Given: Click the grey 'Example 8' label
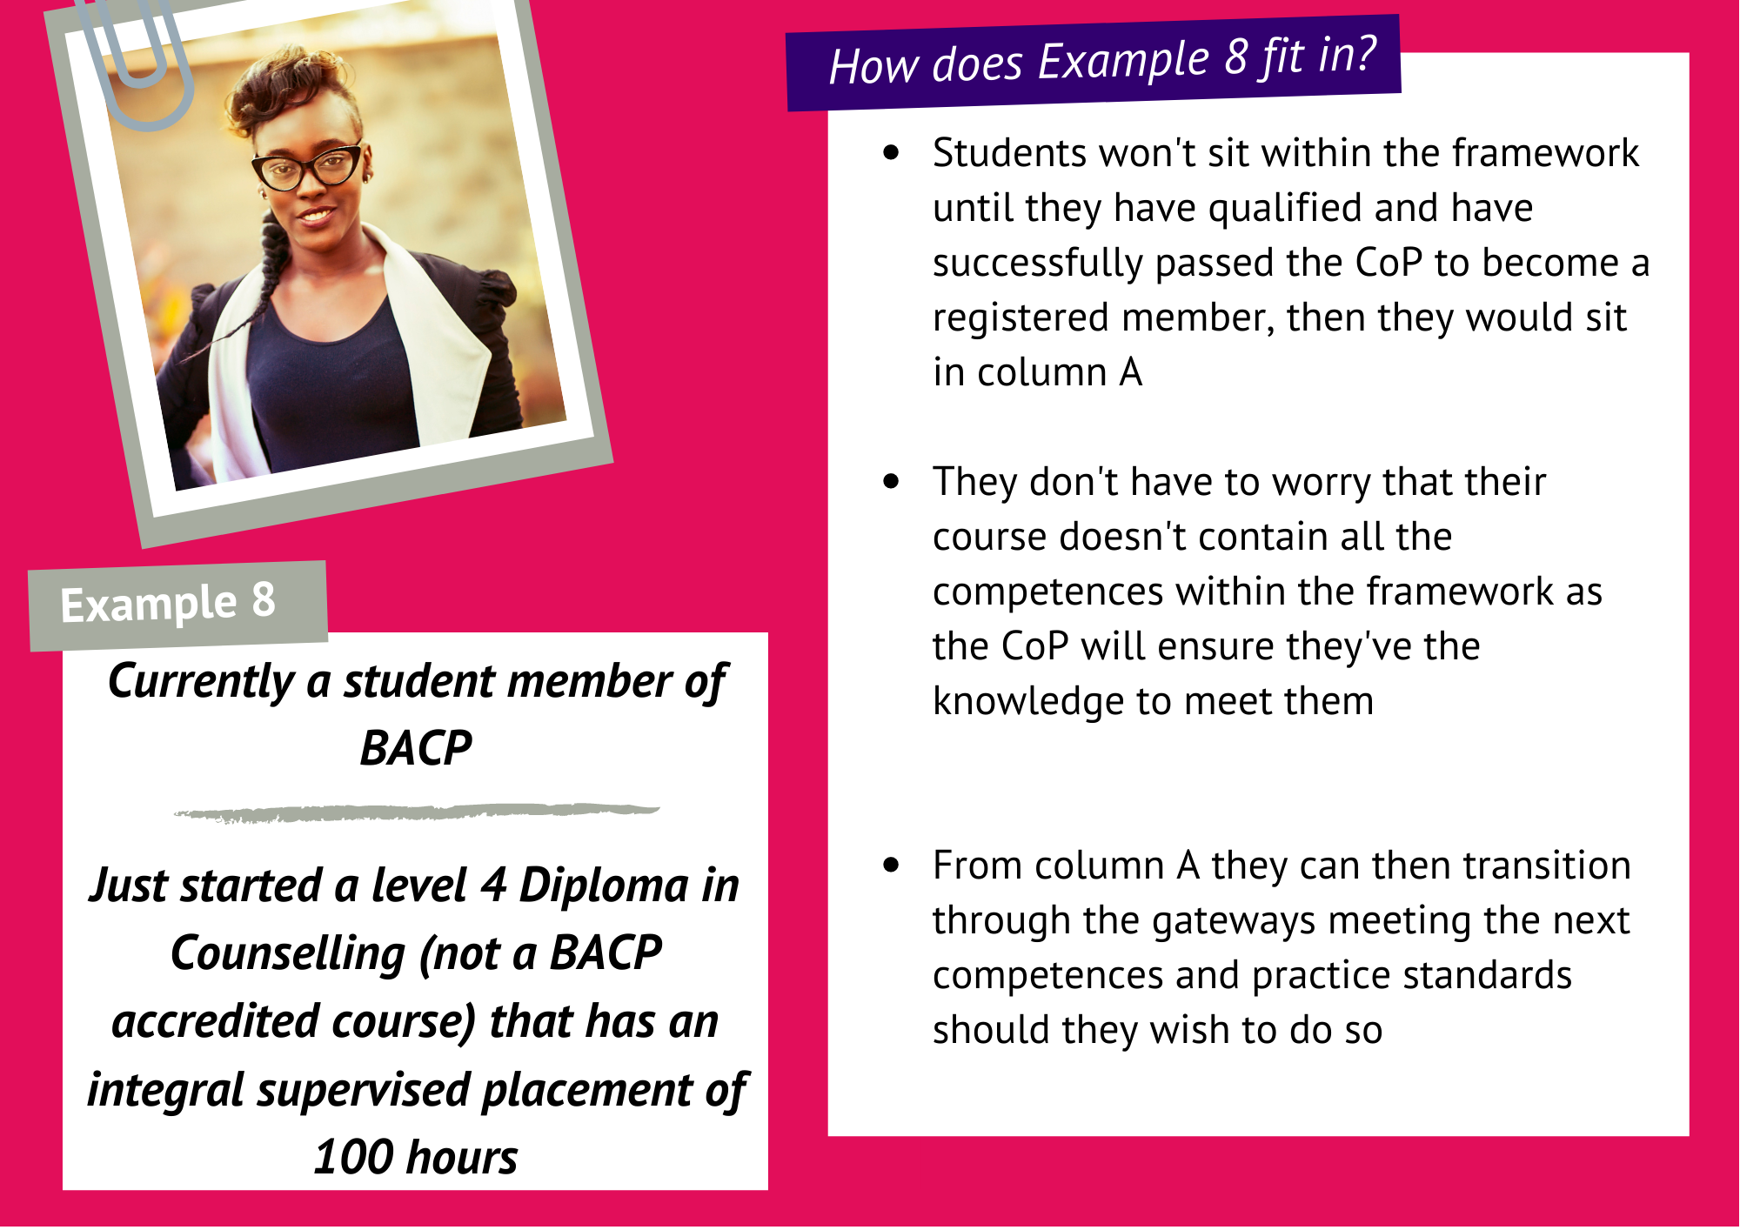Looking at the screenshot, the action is pos(178,605).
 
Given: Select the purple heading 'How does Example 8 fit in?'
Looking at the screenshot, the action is pos(1094,63).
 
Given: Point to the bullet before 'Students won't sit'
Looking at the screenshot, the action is pos(891,153).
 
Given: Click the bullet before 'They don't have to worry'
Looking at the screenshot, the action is pos(891,481).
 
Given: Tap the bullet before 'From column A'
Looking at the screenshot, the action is pos(891,865).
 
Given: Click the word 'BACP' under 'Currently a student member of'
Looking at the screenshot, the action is pos(416,748).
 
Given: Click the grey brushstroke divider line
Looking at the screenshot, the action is pos(416,812).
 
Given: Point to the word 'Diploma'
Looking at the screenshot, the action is pos(604,886).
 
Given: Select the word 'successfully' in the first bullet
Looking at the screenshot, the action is pos(1038,264).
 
